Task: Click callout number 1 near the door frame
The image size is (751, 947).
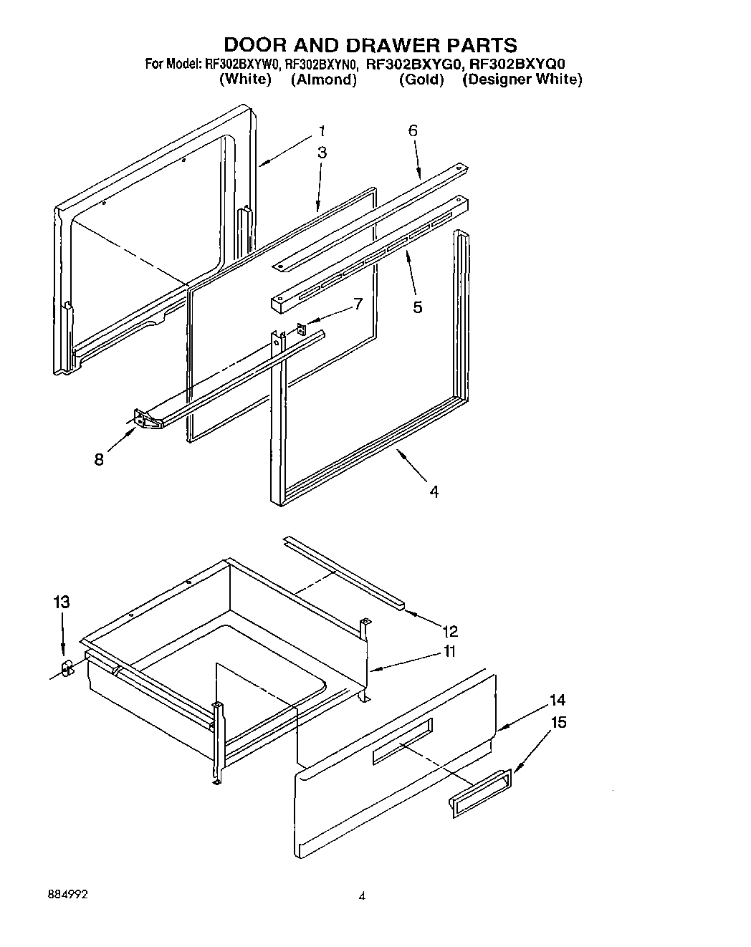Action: click(322, 131)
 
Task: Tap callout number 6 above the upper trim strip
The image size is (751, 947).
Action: click(413, 131)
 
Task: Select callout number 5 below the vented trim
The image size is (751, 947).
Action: click(417, 308)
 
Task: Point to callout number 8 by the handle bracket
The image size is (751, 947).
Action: click(99, 460)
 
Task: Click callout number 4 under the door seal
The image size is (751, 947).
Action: click(434, 491)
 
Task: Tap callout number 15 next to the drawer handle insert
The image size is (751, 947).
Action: click(558, 722)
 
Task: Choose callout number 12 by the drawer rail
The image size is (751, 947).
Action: click(450, 631)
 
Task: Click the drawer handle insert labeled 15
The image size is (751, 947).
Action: click(480, 793)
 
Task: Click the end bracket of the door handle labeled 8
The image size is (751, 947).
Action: click(146, 419)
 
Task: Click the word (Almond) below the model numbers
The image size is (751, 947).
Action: click(323, 80)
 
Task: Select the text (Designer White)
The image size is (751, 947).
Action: click(522, 80)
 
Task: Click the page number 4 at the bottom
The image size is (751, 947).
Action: click(362, 895)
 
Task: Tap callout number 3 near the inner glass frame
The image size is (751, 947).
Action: click(322, 153)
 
